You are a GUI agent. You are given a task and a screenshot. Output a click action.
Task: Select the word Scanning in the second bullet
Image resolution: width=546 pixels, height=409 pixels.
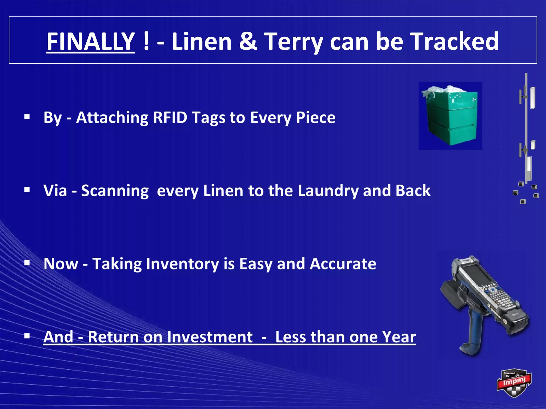(115, 191)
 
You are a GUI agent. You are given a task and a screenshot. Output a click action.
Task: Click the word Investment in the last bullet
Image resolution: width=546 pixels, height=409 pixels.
(210, 337)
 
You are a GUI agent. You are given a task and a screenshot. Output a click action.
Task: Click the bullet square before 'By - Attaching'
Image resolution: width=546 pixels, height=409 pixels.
(27, 117)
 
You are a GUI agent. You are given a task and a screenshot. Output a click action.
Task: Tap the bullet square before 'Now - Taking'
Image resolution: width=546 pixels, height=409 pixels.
(27, 263)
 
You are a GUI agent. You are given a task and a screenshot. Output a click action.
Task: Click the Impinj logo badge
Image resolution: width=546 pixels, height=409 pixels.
(514, 383)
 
